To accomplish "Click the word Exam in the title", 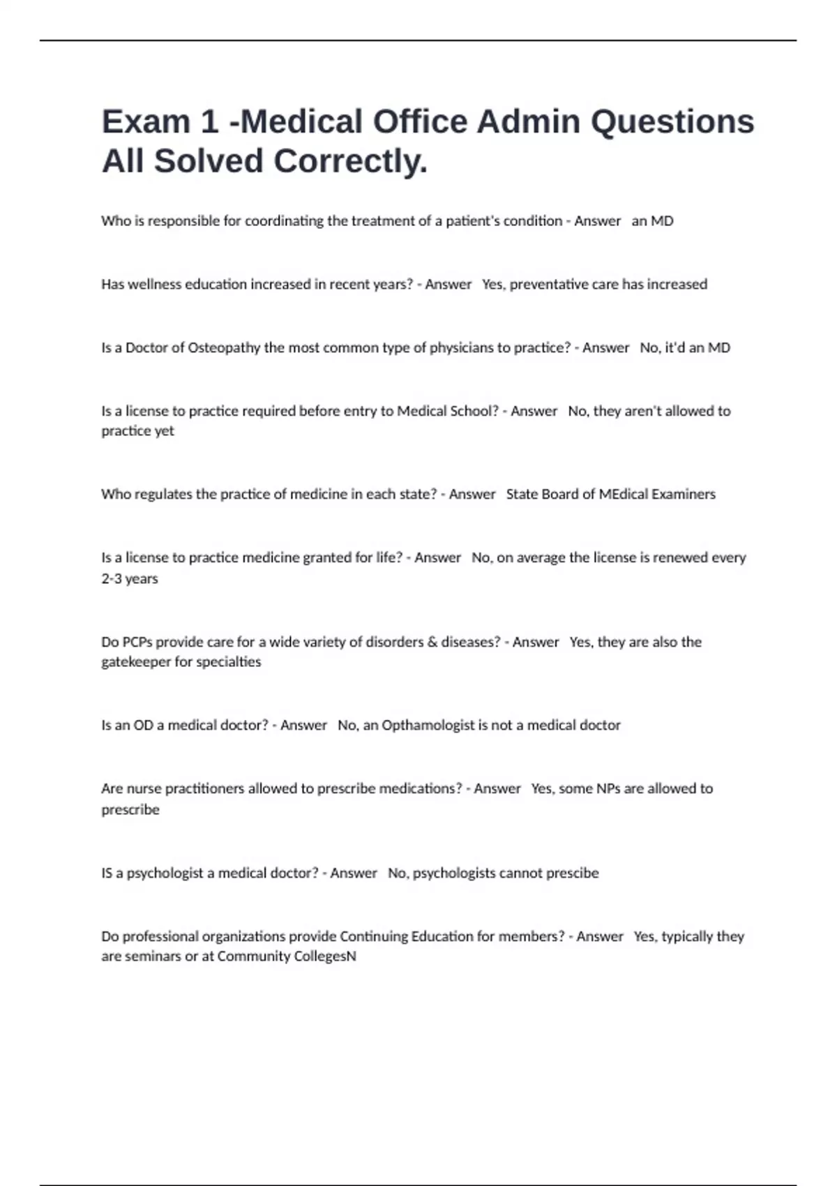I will click(145, 122).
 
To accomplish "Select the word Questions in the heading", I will click(672, 122).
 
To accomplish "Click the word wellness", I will click(154, 285).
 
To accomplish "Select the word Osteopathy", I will click(224, 348).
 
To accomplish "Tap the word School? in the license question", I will click(474, 412).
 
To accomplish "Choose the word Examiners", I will click(684, 495).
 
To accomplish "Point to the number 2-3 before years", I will click(112, 579).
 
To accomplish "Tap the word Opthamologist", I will click(428, 726).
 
